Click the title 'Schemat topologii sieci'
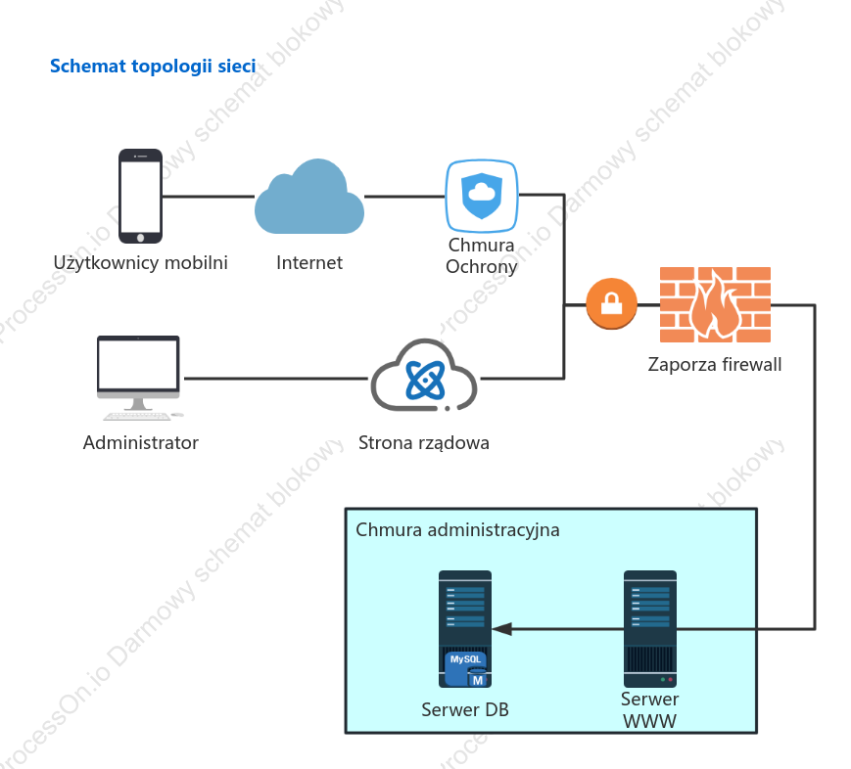(153, 67)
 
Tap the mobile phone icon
(141, 196)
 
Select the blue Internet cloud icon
(309, 197)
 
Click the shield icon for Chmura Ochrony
(482, 196)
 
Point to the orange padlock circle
(612, 303)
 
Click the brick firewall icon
(715, 304)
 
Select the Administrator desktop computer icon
(139, 378)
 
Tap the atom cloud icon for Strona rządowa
(424, 376)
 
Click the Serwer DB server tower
(465, 629)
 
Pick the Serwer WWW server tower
(650, 629)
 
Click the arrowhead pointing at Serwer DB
(501, 629)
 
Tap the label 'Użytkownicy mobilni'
(141, 263)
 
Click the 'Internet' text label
(309, 263)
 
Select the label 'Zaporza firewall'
(715, 364)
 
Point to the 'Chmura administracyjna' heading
(457, 530)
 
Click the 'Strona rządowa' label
(424, 443)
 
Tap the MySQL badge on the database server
(466, 668)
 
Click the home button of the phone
(141, 238)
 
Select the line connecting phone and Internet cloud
(209, 197)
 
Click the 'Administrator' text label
(141, 443)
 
